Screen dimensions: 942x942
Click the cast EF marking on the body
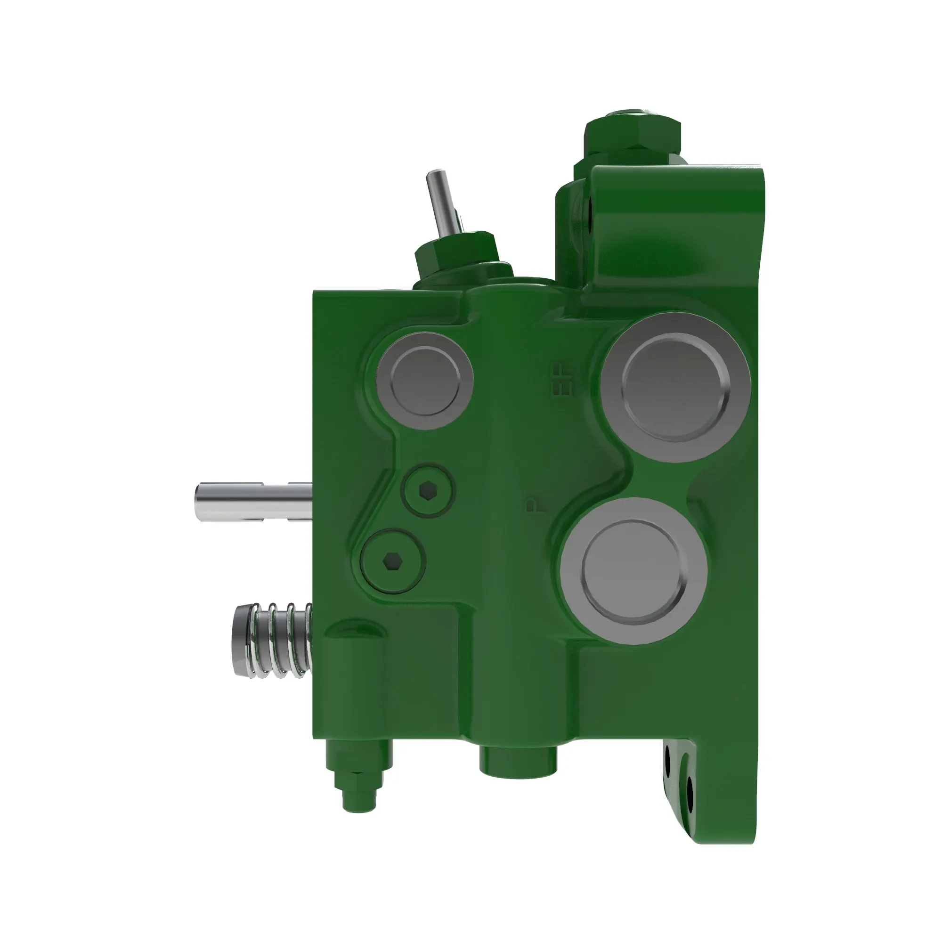coord(563,379)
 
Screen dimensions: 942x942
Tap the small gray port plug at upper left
coord(425,381)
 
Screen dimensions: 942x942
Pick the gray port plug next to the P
coord(633,571)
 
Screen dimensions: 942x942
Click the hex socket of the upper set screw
coord(428,490)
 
